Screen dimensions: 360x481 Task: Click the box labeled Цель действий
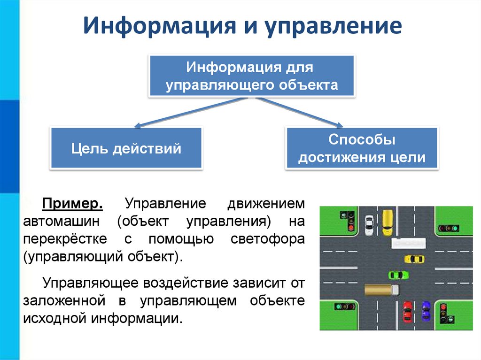(x=126, y=149)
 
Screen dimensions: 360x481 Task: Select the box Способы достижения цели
(x=362, y=148)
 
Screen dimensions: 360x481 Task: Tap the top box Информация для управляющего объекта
(x=251, y=76)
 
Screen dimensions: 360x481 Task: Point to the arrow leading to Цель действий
(x=188, y=113)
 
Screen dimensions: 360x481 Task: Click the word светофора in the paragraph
(x=268, y=239)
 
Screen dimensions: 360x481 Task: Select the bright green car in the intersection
(x=396, y=274)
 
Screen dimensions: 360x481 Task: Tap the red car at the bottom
(x=407, y=310)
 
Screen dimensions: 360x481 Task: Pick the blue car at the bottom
(x=426, y=310)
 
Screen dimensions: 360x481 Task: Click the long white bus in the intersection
(x=409, y=243)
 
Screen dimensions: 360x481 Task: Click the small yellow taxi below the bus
(x=414, y=259)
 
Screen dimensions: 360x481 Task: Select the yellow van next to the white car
(x=387, y=222)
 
